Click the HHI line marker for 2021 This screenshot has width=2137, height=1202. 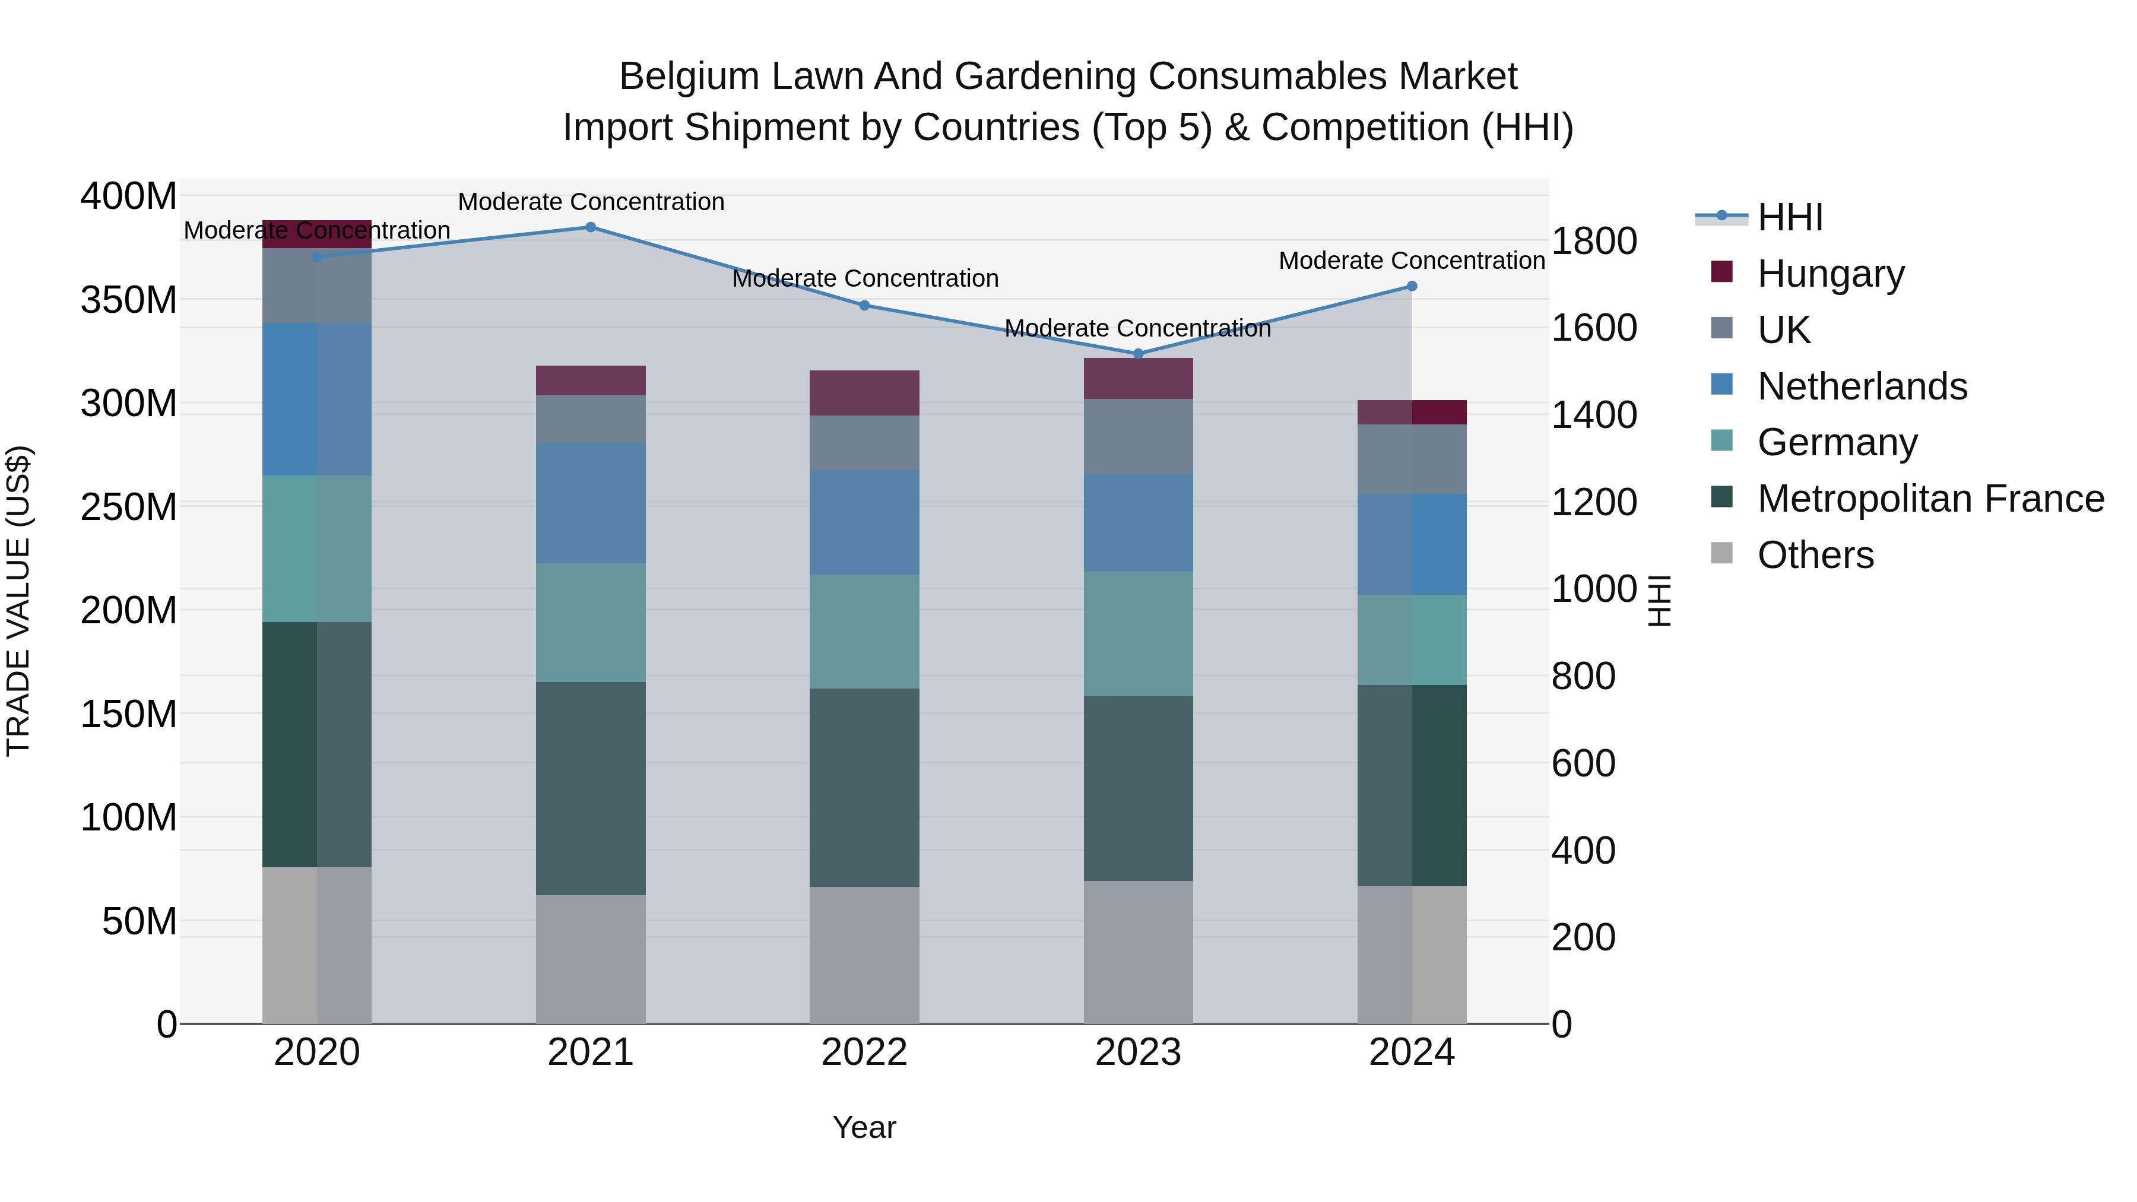pyautogui.click(x=591, y=227)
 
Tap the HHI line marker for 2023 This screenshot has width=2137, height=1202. pyautogui.click(x=1138, y=354)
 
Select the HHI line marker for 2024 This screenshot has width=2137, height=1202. pyautogui.click(x=1412, y=286)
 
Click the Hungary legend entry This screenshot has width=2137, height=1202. pyautogui.click(x=1830, y=274)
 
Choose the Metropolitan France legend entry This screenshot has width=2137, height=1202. pyautogui.click(x=1930, y=499)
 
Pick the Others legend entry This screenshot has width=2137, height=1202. pyautogui.click(x=1815, y=555)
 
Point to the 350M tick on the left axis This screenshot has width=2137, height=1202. pyautogui.click(x=129, y=300)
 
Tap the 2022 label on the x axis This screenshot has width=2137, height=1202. pyautogui.click(x=864, y=1052)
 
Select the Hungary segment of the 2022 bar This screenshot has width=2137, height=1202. pyautogui.click(x=864, y=393)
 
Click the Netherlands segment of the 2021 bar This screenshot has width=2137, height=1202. pyautogui.click(x=591, y=503)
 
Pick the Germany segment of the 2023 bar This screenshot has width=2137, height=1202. pyautogui.click(x=1138, y=634)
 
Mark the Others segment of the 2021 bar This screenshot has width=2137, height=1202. pyautogui.click(x=591, y=959)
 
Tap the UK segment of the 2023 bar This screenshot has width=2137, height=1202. pyautogui.click(x=1138, y=436)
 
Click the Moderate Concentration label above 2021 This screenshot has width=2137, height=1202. pyautogui.click(x=591, y=202)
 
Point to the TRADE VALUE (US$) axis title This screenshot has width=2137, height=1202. pyautogui.click(x=18, y=601)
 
